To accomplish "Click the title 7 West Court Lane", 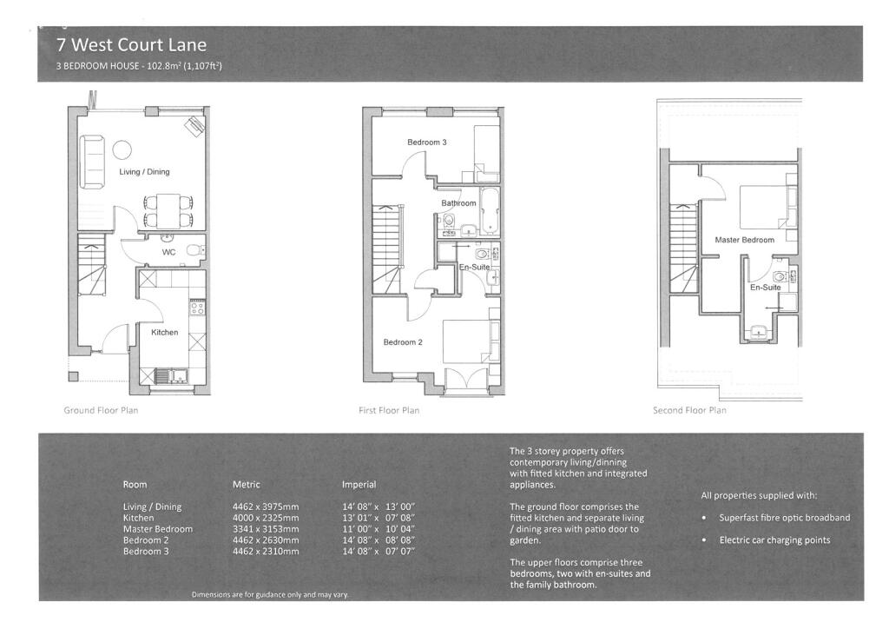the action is click(132, 45).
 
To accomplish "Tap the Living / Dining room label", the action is click(144, 172).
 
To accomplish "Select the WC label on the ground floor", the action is click(169, 253).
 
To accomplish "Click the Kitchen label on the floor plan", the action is click(164, 333).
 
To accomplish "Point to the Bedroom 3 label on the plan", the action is click(427, 142).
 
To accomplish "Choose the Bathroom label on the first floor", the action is click(458, 203).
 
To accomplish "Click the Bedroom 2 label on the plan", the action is click(403, 342).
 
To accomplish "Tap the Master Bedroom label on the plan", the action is click(744, 240).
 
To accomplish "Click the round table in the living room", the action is click(122, 149).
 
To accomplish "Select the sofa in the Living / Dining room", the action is click(92, 162).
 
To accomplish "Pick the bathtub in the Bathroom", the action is click(490, 210).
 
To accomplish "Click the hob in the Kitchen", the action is click(197, 308).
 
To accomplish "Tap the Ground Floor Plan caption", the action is click(101, 410).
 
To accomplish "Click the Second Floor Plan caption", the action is click(689, 410).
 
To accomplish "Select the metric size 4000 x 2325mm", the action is click(266, 518).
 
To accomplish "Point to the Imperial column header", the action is click(359, 485).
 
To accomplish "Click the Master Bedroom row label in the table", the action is click(158, 529).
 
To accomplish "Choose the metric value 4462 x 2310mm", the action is click(266, 552).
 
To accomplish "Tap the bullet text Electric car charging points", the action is click(774, 540).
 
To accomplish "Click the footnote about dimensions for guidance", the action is click(270, 594).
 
